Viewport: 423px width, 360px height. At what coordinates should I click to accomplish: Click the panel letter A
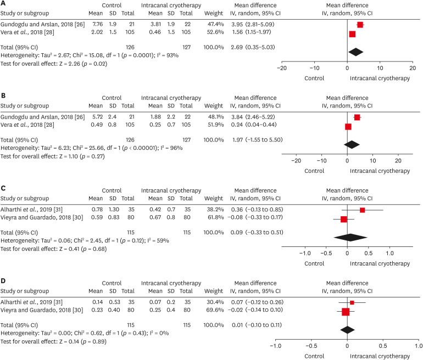(x=4, y=3)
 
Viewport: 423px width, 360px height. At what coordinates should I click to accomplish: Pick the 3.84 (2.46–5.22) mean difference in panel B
(x=251, y=117)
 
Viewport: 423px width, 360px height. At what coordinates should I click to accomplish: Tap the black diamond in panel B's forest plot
(x=352, y=144)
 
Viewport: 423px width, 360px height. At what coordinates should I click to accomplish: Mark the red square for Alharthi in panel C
(x=362, y=210)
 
